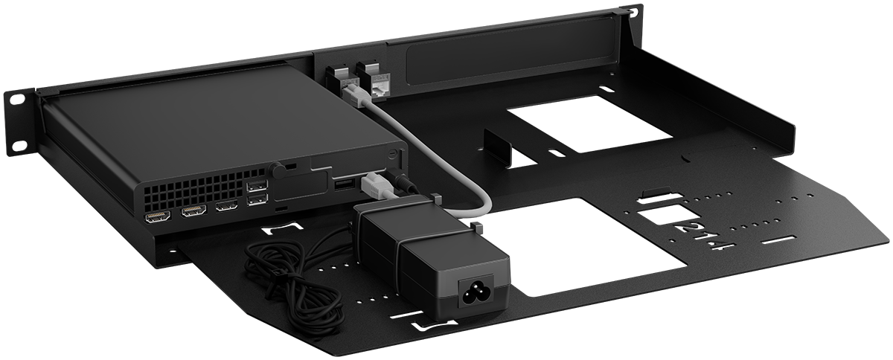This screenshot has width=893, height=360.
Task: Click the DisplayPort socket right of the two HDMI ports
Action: [x=227, y=205]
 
